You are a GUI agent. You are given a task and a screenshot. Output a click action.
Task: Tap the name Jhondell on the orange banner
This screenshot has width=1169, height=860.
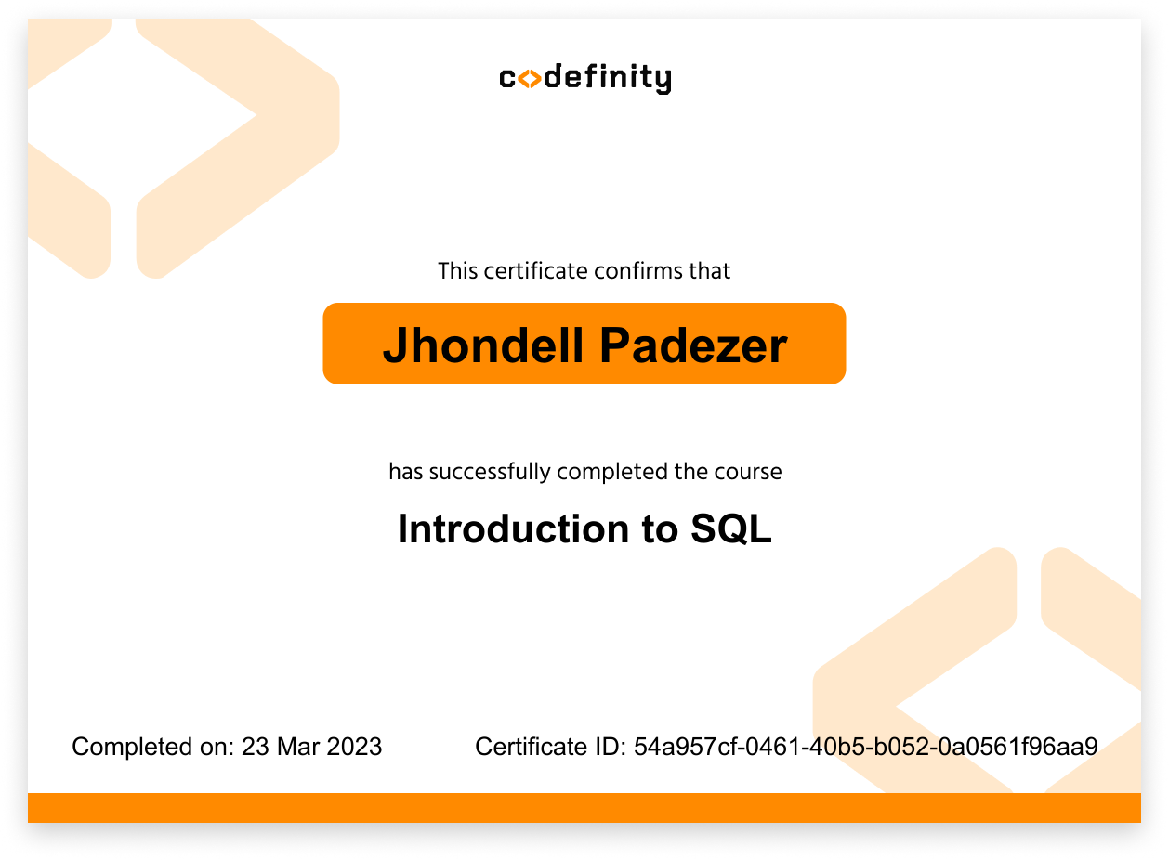tap(482, 345)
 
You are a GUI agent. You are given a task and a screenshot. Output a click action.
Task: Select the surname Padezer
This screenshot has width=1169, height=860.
tap(693, 345)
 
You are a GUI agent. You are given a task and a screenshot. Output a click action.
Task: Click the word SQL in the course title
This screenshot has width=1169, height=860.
tap(730, 529)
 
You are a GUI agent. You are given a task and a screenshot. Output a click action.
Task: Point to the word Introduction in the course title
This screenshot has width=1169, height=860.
tap(514, 528)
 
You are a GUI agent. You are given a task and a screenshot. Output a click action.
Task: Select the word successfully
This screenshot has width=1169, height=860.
tap(490, 472)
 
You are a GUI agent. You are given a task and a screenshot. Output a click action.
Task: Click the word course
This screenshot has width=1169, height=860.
tap(748, 472)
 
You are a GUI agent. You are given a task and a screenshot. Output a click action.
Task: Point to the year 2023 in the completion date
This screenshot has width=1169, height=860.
tap(354, 747)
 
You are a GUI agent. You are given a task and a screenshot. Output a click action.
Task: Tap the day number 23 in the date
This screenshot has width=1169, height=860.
tap(256, 747)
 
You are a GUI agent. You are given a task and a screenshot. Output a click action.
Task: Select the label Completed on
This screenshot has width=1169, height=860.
tap(153, 748)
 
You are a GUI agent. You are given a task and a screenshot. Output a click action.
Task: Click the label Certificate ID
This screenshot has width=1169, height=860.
tap(550, 747)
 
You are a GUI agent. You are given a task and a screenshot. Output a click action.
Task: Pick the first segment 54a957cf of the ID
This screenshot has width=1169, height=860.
tap(689, 747)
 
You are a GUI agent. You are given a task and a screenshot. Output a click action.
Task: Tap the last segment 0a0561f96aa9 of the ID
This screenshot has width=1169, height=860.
tap(1018, 747)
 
